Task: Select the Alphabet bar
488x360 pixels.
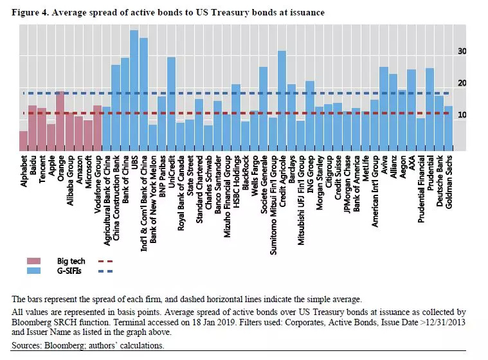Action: click(x=23, y=140)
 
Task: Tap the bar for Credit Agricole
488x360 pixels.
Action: click(x=282, y=100)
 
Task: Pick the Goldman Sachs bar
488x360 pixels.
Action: click(x=448, y=128)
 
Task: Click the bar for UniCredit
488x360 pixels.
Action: click(x=171, y=104)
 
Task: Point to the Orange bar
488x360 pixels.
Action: click(x=60, y=121)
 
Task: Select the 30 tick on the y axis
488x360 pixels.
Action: click(x=462, y=51)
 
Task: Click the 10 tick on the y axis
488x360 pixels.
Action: click(x=462, y=115)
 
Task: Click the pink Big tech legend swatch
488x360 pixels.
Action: click(x=41, y=262)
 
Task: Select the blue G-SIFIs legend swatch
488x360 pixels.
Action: click(x=41, y=271)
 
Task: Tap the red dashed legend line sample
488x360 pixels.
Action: click(x=105, y=262)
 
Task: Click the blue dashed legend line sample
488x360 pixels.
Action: click(x=105, y=271)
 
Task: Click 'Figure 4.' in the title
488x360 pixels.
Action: click(x=31, y=12)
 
